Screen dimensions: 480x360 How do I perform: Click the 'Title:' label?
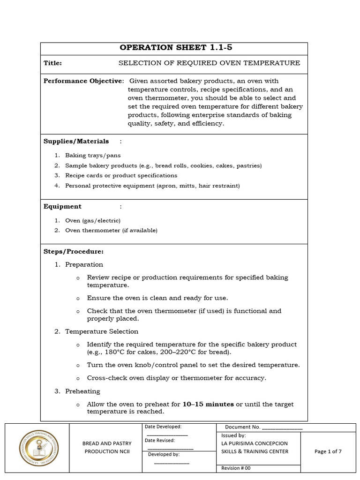pos(52,63)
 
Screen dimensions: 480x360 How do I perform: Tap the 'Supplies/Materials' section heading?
pos(76,141)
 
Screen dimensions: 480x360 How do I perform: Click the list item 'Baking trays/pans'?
pos(93,155)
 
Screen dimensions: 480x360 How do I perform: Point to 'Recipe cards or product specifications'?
pos(121,175)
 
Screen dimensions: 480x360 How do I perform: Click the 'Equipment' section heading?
pos(62,206)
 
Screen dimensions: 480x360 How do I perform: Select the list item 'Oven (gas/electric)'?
pos(93,220)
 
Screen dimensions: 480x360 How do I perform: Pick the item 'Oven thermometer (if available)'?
pos(111,230)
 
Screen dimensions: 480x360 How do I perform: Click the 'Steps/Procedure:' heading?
pos(74,252)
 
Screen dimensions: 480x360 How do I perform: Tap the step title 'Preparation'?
pos(84,264)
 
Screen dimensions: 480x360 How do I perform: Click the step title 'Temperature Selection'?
pos(102,331)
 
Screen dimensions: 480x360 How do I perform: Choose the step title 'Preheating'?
pos(82,391)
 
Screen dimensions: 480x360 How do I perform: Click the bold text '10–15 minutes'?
pos(208,404)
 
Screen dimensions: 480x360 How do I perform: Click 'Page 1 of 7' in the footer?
pos(328,451)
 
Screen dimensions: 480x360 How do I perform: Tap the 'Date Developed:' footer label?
pos(163,427)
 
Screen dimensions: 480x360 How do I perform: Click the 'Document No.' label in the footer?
pos(242,427)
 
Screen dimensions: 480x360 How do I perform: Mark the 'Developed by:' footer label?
pos(164,454)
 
